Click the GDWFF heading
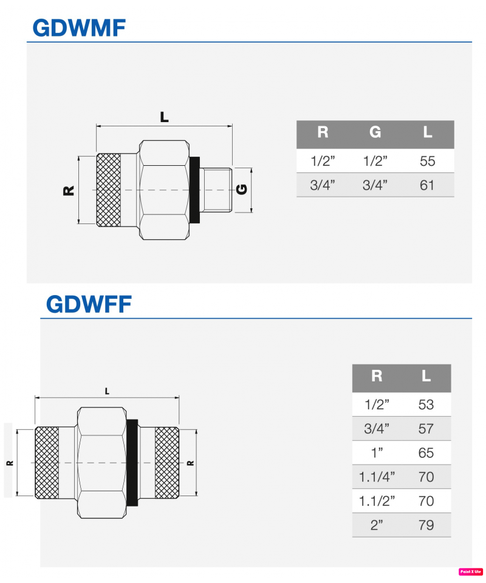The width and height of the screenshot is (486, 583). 89,304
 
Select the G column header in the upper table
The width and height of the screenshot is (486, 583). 375,133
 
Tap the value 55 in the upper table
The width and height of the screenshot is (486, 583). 427,162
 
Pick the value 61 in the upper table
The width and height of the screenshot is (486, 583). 427,185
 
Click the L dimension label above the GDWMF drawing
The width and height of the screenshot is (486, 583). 164,118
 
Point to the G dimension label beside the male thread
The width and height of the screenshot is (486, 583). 242,189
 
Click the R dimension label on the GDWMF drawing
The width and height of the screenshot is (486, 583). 69,190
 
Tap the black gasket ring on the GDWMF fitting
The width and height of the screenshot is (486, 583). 195,189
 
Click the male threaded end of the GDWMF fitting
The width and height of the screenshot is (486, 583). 217,189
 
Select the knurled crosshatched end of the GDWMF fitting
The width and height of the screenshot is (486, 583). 109,190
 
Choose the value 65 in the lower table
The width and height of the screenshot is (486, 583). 426,453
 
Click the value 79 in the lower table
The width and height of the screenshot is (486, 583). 426,525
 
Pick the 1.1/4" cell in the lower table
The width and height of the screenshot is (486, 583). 377,477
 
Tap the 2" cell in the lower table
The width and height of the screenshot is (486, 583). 377,525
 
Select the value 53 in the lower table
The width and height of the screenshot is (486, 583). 426,404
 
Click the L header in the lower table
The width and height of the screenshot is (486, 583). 426,377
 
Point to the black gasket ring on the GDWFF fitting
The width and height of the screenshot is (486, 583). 132,463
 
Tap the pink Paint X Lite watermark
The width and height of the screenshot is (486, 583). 470,571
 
